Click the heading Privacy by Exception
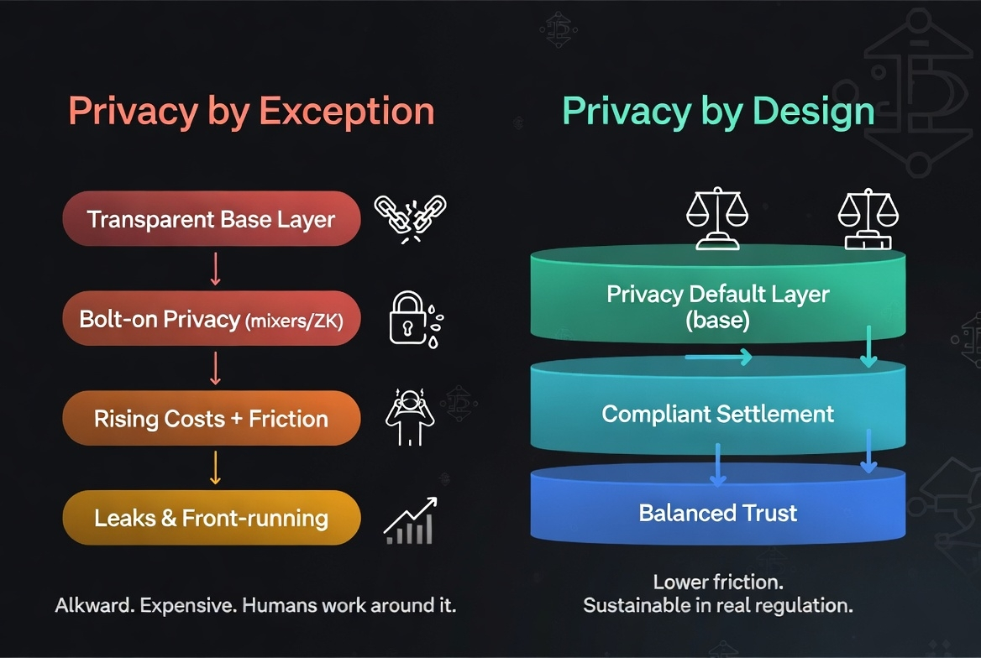tap(251, 112)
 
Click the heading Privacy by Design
tap(718, 112)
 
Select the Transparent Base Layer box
tap(212, 219)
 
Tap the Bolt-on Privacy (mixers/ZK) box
tap(212, 319)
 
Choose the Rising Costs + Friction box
tap(212, 418)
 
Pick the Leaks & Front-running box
tap(212, 518)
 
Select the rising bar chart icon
tap(411, 520)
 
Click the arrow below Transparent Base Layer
tap(215, 269)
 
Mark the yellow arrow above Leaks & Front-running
tap(215, 467)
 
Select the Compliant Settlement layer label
tap(718, 414)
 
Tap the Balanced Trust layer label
tap(718, 513)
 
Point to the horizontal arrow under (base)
tap(719, 358)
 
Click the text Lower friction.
tap(718, 582)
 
